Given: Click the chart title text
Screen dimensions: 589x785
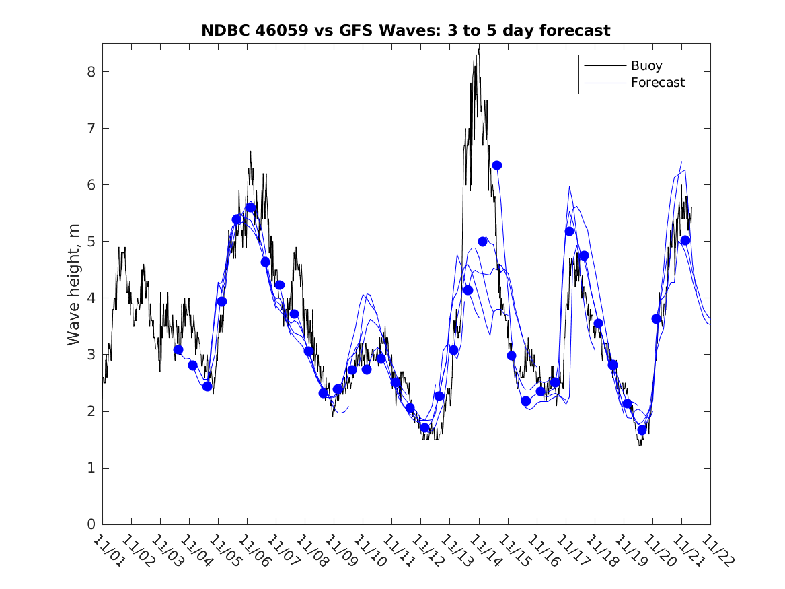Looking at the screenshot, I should pyautogui.click(x=406, y=31).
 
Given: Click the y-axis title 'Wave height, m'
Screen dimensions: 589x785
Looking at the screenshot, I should pyautogui.click(x=73, y=284).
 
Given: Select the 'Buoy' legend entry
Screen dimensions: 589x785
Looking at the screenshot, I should pyautogui.click(x=646, y=66).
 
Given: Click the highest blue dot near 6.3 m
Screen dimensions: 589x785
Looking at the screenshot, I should pyautogui.click(x=497, y=166).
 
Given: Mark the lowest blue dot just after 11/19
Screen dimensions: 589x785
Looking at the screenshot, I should pyautogui.click(x=642, y=429).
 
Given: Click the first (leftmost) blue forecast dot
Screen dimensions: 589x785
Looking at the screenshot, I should pyautogui.click(x=178, y=350).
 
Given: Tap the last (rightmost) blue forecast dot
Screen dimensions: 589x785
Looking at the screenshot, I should pyautogui.click(x=685, y=240).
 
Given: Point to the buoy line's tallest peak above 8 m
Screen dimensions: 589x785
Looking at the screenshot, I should pyautogui.click(x=478, y=47).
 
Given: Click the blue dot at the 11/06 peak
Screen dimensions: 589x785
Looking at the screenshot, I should pyautogui.click(x=250, y=207).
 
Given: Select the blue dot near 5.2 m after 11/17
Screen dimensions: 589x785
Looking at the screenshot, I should pyautogui.click(x=570, y=232).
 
